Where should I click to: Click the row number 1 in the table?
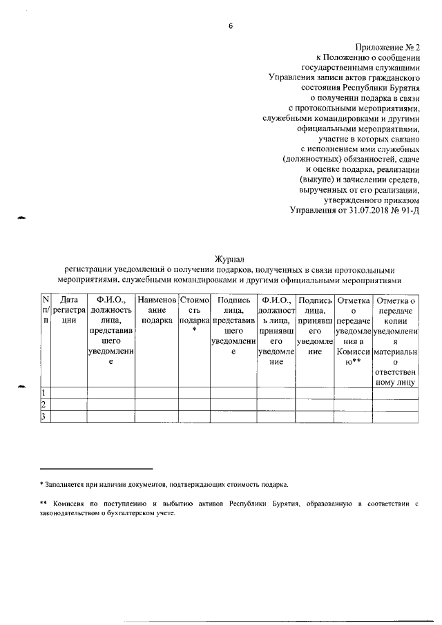point(43,392)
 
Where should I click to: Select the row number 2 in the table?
point(43,404)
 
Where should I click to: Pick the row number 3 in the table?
point(43,416)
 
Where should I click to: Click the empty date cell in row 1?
point(68,392)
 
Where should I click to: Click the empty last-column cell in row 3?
point(395,416)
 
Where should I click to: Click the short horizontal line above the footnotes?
point(96,468)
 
